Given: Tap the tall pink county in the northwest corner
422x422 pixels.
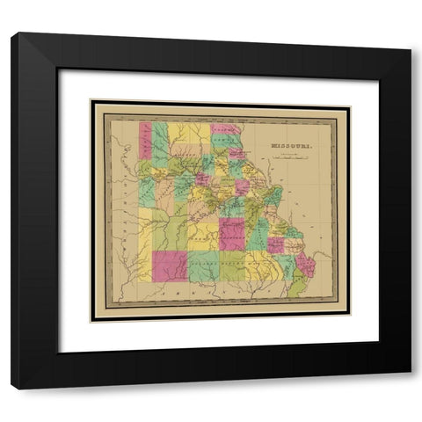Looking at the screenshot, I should (145, 140).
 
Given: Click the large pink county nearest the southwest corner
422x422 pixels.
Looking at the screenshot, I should (170, 266).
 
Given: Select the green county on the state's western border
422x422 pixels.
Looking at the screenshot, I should (146, 189).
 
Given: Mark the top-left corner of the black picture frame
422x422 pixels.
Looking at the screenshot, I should (12, 33).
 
